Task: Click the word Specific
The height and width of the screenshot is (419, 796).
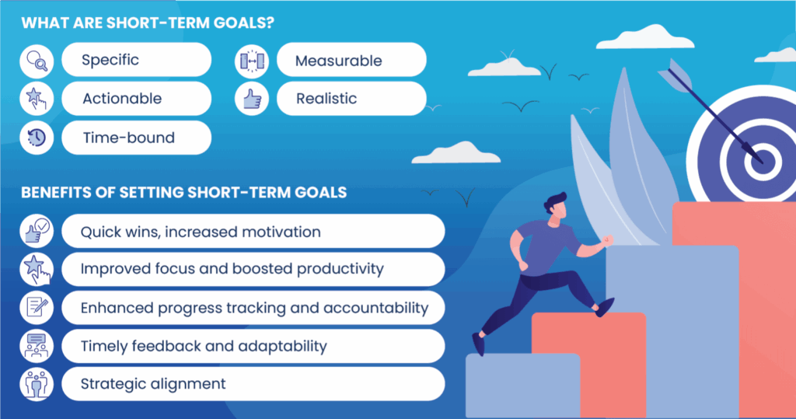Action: [x=110, y=60]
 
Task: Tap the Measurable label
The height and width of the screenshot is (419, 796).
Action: [x=339, y=61]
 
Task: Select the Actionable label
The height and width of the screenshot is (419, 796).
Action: [x=122, y=99]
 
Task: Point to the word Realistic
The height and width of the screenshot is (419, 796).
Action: [x=326, y=99]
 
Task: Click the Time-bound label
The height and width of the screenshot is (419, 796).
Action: [x=129, y=138]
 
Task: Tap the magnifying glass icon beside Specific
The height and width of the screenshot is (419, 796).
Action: [x=37, y=61]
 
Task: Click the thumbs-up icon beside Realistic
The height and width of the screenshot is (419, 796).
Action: [x=252, y=99]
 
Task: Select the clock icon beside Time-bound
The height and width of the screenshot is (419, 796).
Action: [x=37, y=138]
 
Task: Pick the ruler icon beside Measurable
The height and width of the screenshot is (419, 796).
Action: [x=252, y=61]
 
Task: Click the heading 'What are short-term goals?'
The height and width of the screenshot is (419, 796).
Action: [x=148, y=23]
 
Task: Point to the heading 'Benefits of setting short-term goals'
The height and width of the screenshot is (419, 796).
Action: [x=183, y=193]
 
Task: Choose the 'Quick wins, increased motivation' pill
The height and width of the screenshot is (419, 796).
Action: [x=253, y=231]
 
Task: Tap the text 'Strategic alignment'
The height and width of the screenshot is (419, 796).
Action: [x=153, y=384]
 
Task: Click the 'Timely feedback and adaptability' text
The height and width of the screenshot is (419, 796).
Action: [x=204, y=347]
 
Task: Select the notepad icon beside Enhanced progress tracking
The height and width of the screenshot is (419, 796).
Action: [x=37, y=307]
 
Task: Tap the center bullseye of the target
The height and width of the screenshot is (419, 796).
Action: [x=763, y=162]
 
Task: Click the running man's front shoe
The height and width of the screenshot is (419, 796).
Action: [x=604, y=307]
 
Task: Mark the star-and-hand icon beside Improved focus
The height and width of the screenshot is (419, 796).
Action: [x=37, y=269]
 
